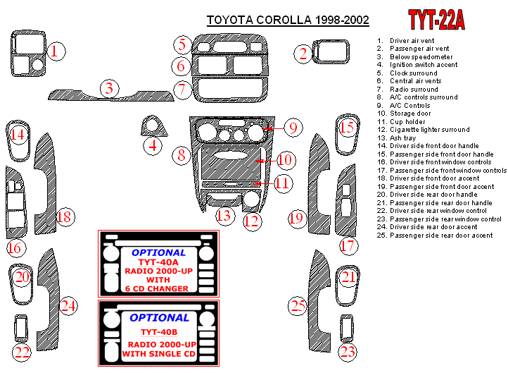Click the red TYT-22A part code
pyautogui.click(x=436, y=20)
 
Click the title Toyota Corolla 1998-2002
pyautogui.click(x=288, y=20)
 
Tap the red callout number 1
pyautogui.click(x=56, y=51)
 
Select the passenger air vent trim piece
pyautogui.click(x=331, y=51)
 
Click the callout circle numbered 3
pyautogui.click(x=109, y=88)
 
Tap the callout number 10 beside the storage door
pyautogui.click(x=286, y=160)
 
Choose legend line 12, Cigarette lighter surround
pyautogui.click(x=423, y=130)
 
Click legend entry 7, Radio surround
pyautogui.click(x=407, y=90)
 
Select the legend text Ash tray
pyautogui.click(x=402, y=138)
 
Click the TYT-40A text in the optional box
pyautogui.click(x=158, y=262)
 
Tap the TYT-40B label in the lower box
pyautogui.click(x=159, y=332)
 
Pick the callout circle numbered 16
pyautogui.click(x=15, y=248)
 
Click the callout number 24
pyautogui.click(x=68, y=306)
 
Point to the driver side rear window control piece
pyautogui.click(x=21, y=328)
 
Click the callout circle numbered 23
pyautogui.click(x=348, y=352)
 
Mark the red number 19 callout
pyautogui.click(x=297, y=218)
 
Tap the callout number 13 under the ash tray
pyautogui.click(x=225, y=216)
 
